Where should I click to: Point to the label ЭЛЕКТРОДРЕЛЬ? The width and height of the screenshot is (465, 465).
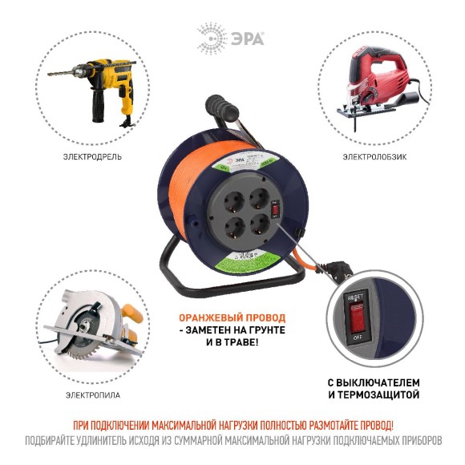coord(92,156)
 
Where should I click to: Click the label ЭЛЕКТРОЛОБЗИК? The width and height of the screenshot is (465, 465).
coord(374,156)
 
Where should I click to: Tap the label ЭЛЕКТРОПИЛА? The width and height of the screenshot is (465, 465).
coord(92,396)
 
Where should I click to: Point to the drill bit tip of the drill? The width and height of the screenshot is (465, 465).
coord(49,75)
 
